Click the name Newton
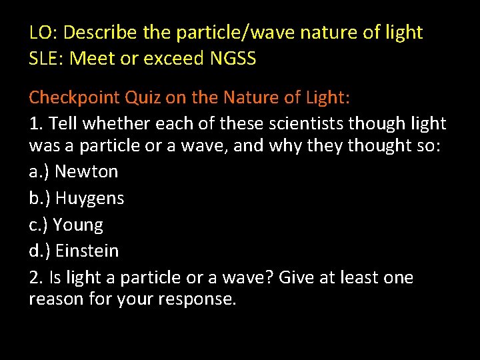click(x=87, y=171)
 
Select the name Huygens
click(x=90, y=198)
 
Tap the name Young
click(x=78, y=225)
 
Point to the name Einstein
click(x=87, y=251)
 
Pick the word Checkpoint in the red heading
click(x=75, y=98)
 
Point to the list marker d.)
click(x=40, y=251)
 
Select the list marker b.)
click(x=40, y=198)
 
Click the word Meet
click(x=91, y=59)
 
